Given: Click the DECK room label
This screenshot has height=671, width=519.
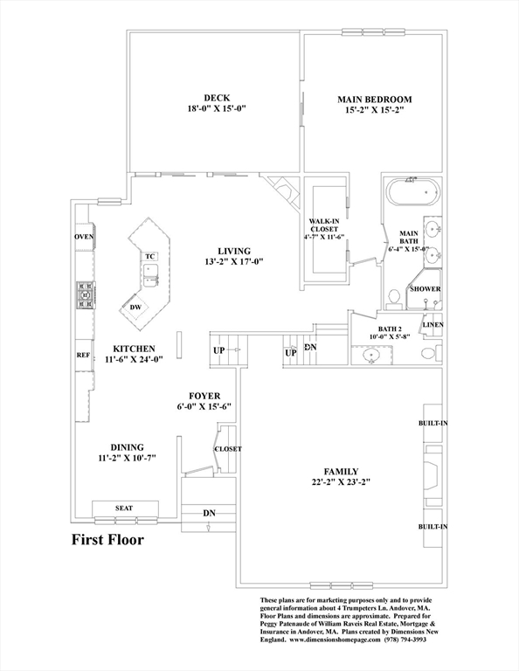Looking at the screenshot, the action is (217, 98).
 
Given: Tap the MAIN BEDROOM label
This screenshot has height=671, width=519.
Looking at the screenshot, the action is (375, 100).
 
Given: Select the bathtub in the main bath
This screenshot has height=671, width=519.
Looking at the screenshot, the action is (414, 192).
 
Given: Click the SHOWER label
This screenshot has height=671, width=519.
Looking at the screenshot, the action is (426, 289).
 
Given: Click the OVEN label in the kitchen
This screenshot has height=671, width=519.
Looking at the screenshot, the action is (84, 237).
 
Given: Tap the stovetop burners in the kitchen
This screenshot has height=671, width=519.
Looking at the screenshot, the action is (86, 294).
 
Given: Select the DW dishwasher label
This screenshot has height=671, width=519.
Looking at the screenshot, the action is (135, 307).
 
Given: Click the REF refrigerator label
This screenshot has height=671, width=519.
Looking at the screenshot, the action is (83, 356).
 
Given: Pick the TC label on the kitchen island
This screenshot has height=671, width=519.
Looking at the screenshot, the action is (149, 256).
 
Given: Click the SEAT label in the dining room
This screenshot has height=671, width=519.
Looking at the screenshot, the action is (124, 508).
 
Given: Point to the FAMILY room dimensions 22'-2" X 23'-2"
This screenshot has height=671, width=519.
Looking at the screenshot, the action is (341, 482).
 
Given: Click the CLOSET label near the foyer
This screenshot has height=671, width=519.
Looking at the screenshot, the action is (228, 449).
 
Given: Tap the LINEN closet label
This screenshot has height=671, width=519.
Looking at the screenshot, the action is (433, 325).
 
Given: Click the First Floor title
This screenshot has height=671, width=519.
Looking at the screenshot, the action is (107, 540).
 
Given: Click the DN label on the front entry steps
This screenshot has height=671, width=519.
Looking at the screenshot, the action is (209, 513).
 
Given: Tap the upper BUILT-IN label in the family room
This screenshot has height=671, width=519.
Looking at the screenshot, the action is (433, 423).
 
